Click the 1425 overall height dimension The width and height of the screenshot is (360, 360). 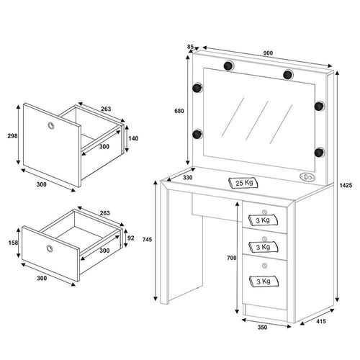point(346,185)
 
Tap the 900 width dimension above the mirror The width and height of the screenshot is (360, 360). point(268,53)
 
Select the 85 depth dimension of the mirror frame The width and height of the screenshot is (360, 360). point(190,47)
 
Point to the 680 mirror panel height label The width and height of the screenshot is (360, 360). point(179,111)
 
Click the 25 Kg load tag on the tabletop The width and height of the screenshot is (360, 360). point(244,183)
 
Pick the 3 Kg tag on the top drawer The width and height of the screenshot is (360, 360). point(263,220)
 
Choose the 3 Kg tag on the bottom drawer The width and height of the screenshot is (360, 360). point(264,282)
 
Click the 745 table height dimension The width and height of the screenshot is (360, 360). point(147,239)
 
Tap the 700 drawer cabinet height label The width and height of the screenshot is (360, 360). point(232,258)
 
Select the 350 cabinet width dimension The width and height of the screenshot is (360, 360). point(262,327)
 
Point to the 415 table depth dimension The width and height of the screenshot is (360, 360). point(321,321)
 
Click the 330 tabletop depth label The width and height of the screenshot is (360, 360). point(187,178)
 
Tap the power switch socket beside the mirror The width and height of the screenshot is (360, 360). point(307,177)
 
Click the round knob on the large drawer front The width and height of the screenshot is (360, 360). point(50,125)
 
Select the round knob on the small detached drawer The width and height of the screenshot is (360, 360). point(50,248)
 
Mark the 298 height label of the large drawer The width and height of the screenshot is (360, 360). point(12,136)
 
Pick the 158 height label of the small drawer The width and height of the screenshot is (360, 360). point(13,243)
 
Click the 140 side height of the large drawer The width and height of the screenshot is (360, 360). point(133,138)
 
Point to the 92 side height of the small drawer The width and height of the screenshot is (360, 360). point(131,238)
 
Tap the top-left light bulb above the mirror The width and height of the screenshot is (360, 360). point(228,66)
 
